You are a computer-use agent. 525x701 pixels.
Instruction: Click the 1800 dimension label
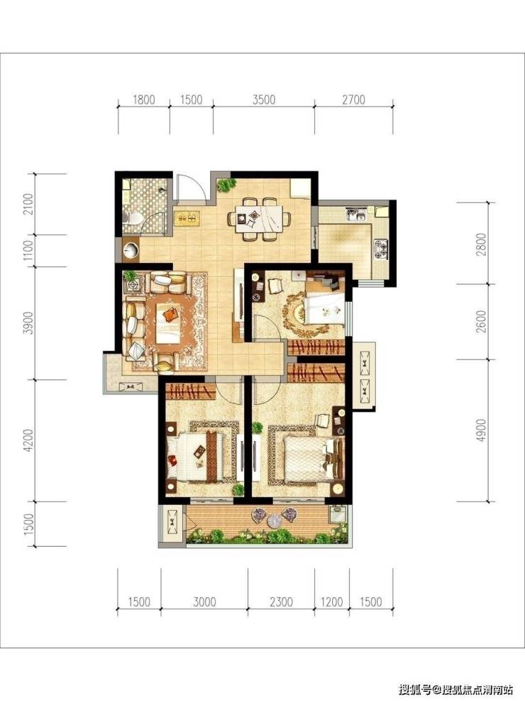[x=144, y=99]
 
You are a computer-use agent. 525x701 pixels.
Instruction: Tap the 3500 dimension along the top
[x=264, y=99]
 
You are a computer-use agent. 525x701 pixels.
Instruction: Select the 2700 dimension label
[x=353, y=99]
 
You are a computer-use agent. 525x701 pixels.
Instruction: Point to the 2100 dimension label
[x=28, y=204]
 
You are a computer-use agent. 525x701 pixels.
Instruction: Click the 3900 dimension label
[x=28, y=322]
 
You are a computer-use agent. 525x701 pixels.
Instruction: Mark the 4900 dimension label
[x=481, y=430]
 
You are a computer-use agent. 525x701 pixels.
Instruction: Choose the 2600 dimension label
[x=481, y=322]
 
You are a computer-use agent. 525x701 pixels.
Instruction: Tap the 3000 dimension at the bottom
[x=204, y=602]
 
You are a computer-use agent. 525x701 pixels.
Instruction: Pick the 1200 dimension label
[x=332, y=602]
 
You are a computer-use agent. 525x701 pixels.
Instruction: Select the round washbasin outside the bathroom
[x=131, y=250]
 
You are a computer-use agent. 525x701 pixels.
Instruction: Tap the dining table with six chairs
[x=259, y=219]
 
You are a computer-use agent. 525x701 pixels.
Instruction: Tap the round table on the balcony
[x=274, y=520]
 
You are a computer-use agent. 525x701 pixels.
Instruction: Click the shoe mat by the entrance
[x=187, y=218]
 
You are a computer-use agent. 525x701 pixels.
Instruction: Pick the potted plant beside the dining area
[x=226, y=185]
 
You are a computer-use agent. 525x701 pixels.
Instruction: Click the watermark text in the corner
[x=455, y=689]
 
